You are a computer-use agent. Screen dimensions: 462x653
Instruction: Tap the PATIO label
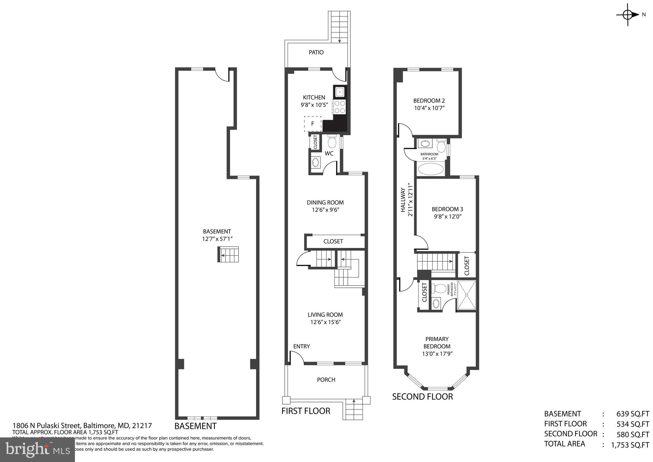tap(316, 52)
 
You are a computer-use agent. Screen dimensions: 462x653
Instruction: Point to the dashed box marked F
tap(312, 124)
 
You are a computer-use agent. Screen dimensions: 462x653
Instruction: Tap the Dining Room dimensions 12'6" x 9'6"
tap(325, 210)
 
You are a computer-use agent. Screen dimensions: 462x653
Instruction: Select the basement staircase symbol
tap(228, 255)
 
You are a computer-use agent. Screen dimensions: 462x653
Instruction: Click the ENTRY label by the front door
tap(301, 346)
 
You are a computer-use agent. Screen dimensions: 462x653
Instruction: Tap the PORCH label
tap(326, 380)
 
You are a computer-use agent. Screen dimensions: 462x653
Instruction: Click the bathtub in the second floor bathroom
tap(431, 169)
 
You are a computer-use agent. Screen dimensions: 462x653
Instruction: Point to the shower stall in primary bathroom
tap(466, 295)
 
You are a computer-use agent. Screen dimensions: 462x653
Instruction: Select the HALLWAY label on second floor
tap(403, 200)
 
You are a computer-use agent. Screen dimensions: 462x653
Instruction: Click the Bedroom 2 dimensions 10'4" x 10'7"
tap(429, 108)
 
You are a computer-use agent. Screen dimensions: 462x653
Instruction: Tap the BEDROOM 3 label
tap(447, 209)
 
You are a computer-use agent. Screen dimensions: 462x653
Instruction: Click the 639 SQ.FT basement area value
tap(633, 414)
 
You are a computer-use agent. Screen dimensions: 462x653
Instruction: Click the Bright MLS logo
tap(38, 450)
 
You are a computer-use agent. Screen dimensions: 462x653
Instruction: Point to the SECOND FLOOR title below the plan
tap(422, 397)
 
